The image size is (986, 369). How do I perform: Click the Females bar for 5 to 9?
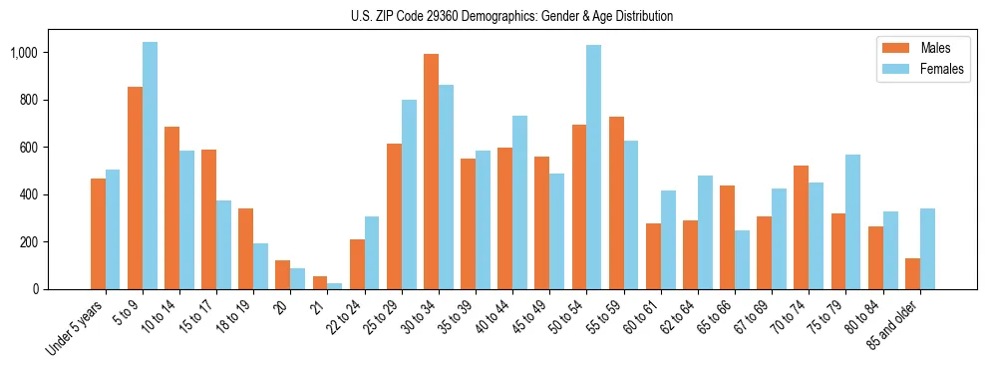tap(150, 166)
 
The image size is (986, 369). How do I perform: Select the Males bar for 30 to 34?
tap(431, 172)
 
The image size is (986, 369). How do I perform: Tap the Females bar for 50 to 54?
tap(594, 168)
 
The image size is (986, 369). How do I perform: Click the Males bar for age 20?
tap(283, 275)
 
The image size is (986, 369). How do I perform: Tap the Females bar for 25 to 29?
tap(409, 194)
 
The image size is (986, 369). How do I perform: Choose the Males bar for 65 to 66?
tap(727, 237)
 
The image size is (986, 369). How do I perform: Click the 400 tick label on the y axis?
tap(34, 194)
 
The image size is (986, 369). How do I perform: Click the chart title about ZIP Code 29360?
tap(511, 16)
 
